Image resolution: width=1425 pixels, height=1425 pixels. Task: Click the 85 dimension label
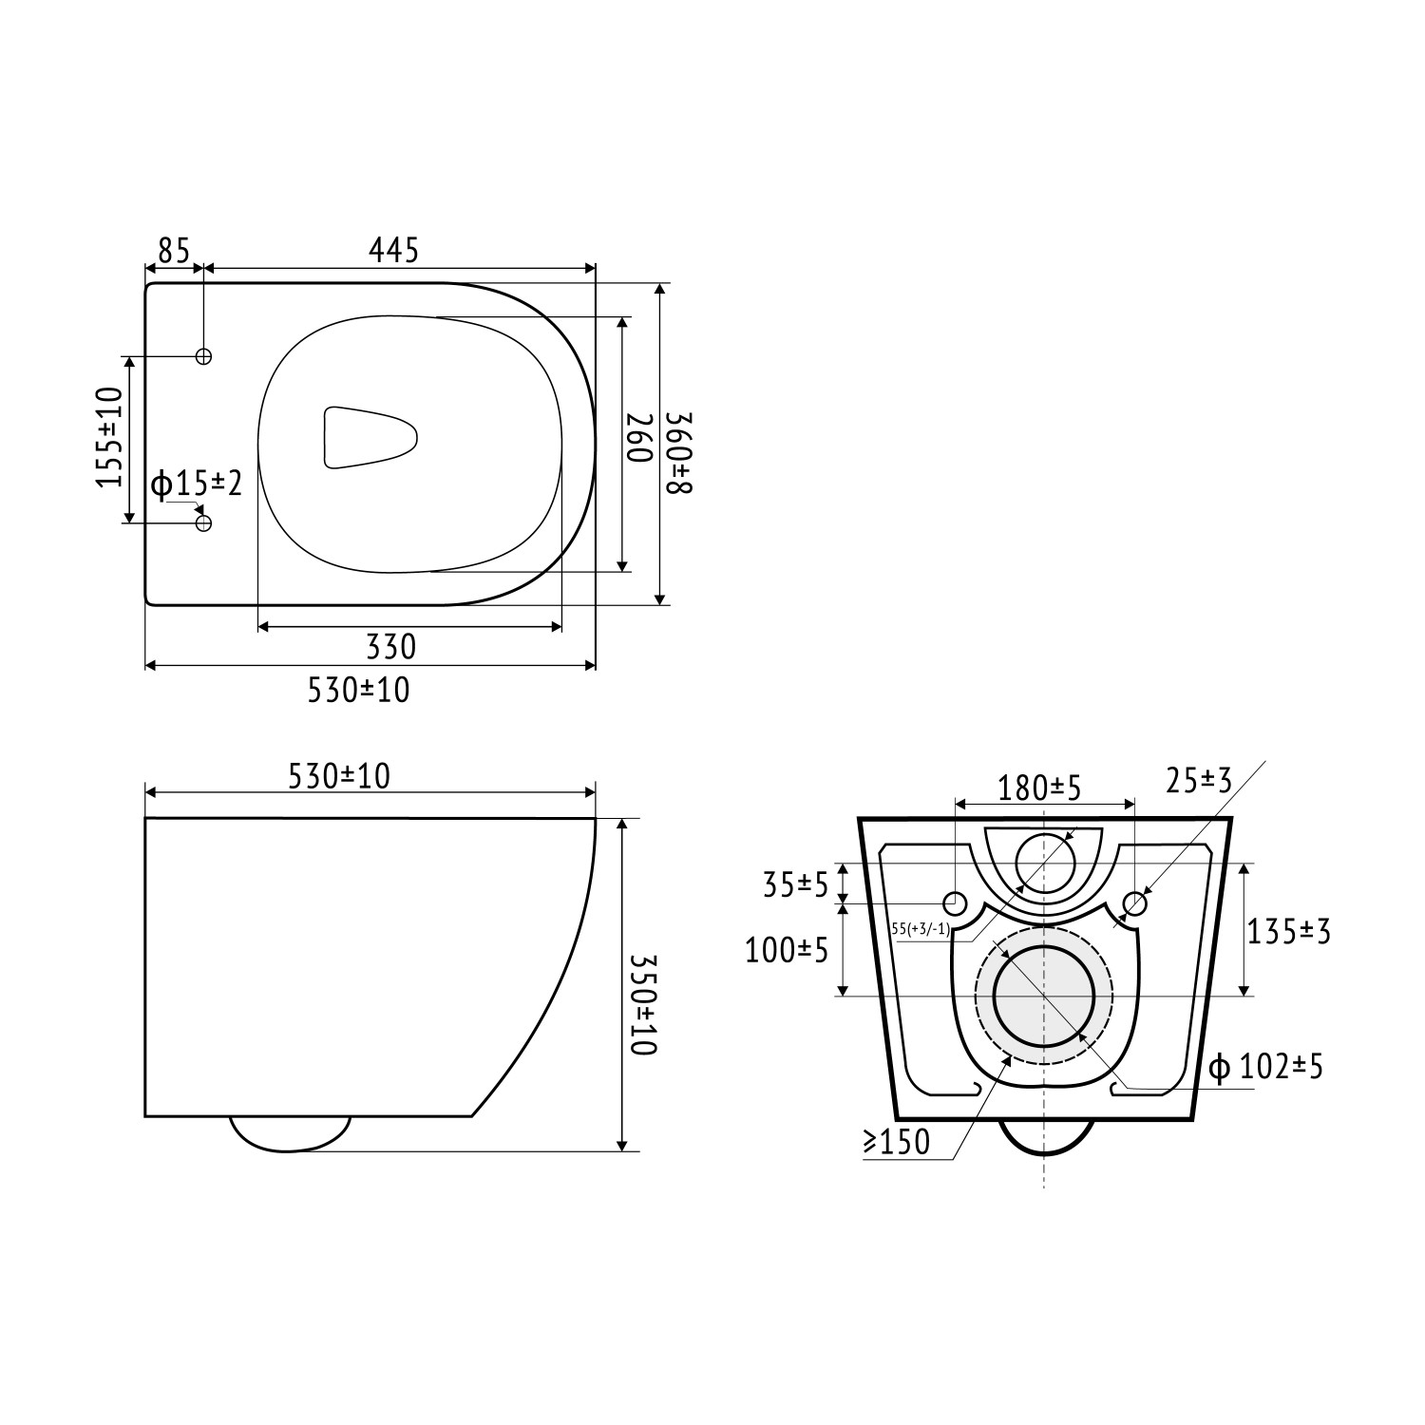(174, 251)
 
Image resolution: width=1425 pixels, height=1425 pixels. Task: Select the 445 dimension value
(393, 251)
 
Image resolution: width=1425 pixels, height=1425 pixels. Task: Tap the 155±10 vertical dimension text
(111, 437)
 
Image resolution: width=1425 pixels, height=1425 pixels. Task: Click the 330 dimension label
(391, 647)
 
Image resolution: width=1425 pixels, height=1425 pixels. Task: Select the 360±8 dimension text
(681, 452)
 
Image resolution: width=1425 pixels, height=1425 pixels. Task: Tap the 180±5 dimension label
(1039, 788)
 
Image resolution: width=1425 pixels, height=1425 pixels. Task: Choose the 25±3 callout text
(1198, 781)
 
